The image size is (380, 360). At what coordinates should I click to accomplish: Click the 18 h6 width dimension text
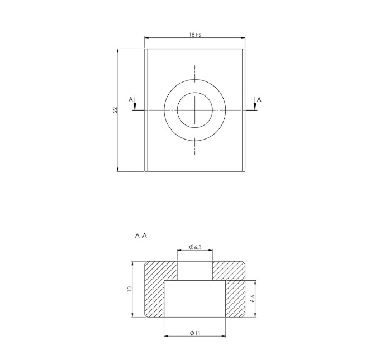(194, 35)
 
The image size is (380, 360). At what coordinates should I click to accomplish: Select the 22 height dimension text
(115, 110)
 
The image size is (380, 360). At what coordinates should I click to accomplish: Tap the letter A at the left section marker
(131, 99)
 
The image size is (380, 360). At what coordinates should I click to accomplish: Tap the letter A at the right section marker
(259, 99)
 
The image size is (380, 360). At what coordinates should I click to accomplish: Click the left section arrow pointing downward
(135, 106)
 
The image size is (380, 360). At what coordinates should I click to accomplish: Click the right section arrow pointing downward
(255, 106)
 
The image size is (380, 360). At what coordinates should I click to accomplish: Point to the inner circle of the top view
(195, 109)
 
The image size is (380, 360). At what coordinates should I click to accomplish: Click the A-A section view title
(141, 236)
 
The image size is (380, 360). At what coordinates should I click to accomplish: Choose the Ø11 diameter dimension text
(195, 333)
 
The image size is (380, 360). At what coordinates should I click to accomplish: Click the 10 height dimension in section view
(129, 289)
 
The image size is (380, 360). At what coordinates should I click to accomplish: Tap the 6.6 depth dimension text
(253, 299)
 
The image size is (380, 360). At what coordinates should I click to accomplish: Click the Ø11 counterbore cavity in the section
(195, 300)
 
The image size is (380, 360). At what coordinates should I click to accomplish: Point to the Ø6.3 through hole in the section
(195, 271)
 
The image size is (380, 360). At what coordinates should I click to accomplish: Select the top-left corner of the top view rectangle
(145, 49)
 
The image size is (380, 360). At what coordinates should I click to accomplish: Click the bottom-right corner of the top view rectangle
(245, 171)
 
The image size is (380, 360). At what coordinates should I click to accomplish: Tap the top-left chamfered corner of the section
(146, 262)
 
